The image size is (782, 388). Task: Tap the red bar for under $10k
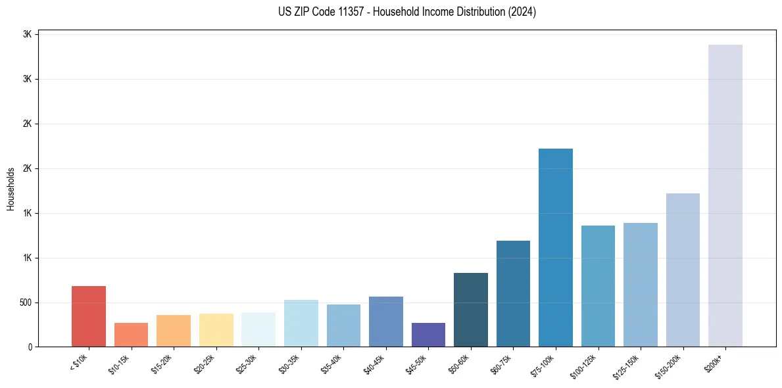(89, 316)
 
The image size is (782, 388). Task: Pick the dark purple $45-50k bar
(428, 335)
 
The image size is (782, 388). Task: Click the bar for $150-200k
(683, 270)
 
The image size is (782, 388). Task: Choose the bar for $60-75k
(513, 293)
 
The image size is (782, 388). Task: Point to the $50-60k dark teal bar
(470, 310)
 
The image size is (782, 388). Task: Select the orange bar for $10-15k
(131, 335)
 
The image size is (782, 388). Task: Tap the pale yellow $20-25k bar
(216, 330)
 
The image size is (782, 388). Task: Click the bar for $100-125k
(598, 286)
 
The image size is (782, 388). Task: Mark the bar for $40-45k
(385, 322)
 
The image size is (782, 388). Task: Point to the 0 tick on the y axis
(30, 347)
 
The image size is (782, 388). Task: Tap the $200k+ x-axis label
(714, 362)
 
